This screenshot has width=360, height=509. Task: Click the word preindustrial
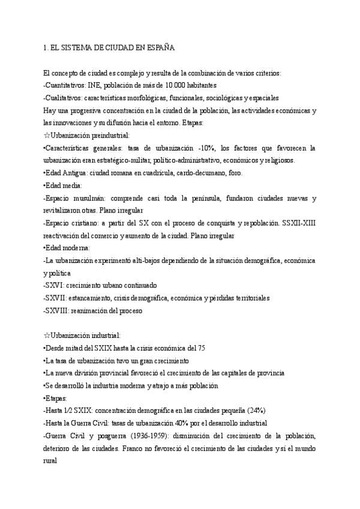coord(113,136)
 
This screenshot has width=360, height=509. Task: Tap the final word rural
coord(53,462)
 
